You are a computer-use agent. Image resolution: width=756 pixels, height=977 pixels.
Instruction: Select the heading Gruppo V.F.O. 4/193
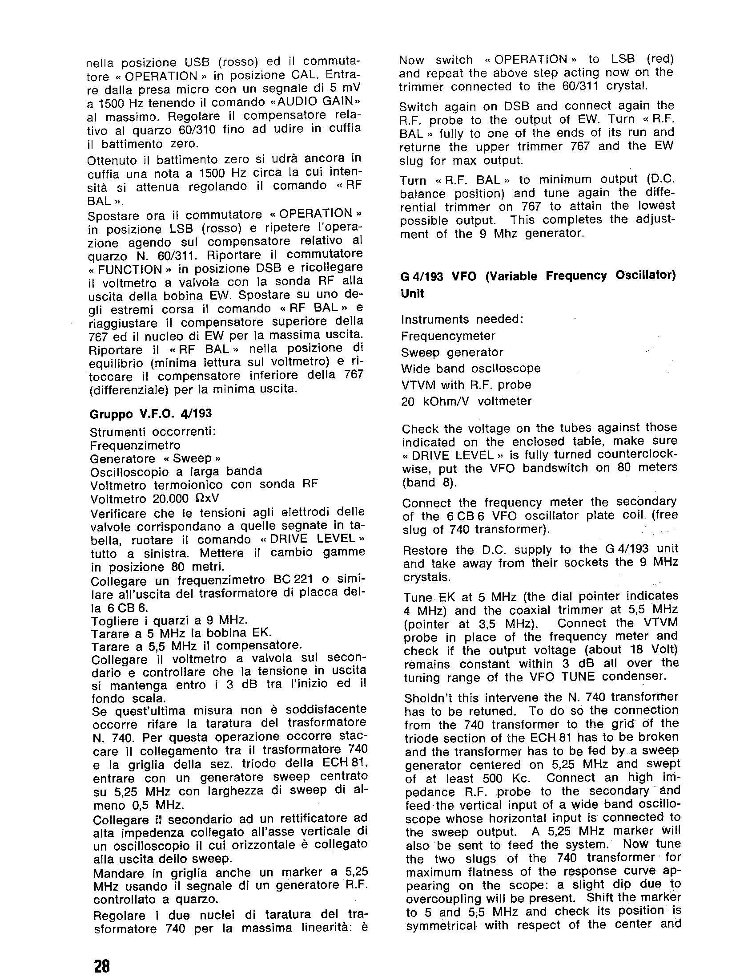point(151,414)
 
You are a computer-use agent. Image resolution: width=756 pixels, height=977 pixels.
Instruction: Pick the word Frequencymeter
point(448,336)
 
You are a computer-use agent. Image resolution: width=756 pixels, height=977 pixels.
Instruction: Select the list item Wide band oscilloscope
point(471,369)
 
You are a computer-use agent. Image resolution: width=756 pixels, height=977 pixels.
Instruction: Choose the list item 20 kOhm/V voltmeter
point(466,401)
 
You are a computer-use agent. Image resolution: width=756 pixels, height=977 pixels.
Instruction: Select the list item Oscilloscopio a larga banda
point(176,471)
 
